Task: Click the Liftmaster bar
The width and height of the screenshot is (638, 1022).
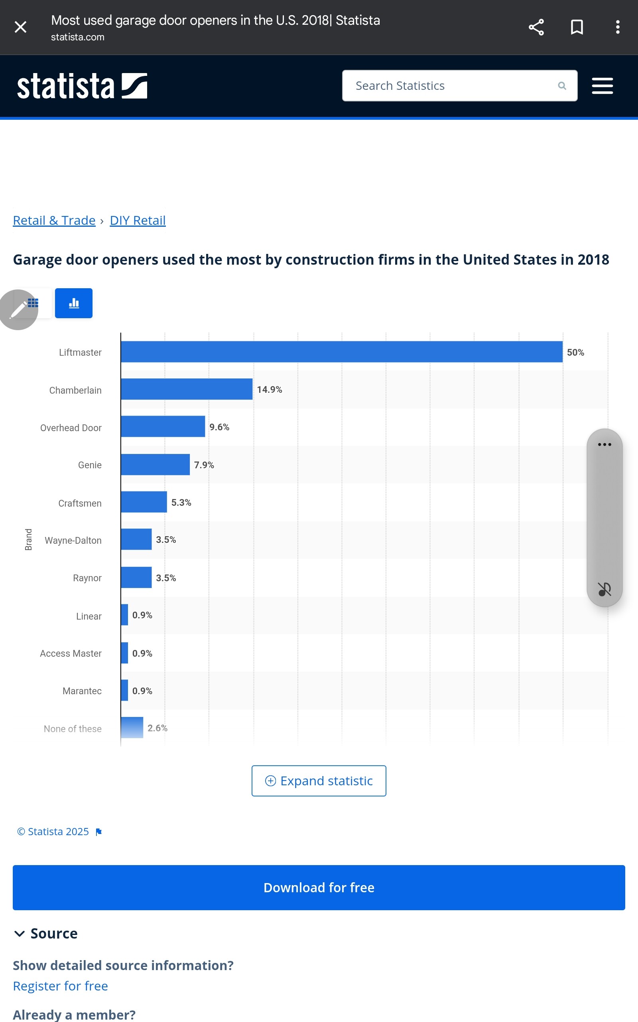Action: (x=341, y=352)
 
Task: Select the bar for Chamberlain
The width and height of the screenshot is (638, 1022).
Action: (x=187, y=389)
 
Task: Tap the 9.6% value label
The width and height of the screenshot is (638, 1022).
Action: (x=219, y=427)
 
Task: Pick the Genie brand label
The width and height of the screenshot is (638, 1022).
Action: (x=89, y=465)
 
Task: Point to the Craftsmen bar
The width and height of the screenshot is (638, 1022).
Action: (x=144, y=502)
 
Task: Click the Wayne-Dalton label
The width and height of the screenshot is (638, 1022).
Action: (x=73, y=540)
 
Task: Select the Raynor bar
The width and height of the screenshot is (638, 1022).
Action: (x=136, y=577)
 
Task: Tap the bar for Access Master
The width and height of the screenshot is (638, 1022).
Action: (x=124, y=652)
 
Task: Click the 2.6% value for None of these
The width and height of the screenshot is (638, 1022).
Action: (x=158, y=728)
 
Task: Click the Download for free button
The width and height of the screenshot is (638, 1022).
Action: (x=319, y=887)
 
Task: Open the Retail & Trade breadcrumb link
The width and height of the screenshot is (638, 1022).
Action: (x=54, y=220)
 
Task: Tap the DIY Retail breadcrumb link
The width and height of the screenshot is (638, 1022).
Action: (x=138, y=220)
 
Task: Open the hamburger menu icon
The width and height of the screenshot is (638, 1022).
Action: (x=602, y=86)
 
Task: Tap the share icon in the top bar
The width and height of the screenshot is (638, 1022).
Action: (x=536, y=27)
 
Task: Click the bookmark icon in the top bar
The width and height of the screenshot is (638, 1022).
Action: (x=577, y=27)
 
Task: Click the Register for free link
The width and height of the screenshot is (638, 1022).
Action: (x=60, y=986)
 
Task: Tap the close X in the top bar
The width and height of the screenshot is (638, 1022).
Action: (x=20, y=27)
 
